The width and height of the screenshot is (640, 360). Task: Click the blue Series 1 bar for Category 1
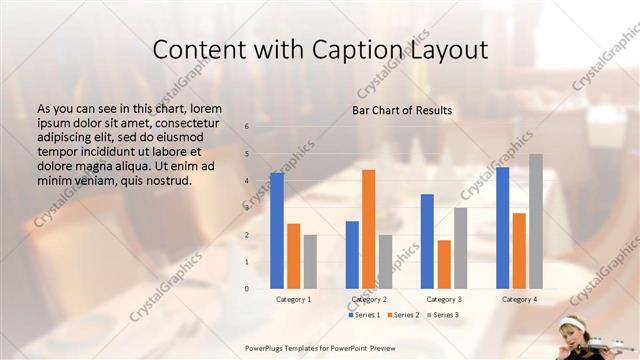tap(277, 231)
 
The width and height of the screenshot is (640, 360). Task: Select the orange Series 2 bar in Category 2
tap(368, 229)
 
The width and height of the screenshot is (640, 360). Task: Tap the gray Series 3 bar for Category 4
tap(536, 221)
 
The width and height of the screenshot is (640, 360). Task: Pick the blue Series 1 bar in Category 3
tap(427, 241)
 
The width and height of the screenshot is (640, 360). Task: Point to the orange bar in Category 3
tap(444, 264)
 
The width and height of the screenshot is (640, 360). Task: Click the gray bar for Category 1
tap(310, 262)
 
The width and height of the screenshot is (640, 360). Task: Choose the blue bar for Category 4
tap(502, 228)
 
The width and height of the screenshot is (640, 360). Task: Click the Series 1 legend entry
tap(365, 315)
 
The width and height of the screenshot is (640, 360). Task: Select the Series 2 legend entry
tap(403, 315)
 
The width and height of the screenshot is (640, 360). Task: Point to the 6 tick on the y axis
tap(246, 127)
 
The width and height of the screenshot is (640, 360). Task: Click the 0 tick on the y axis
tap(246, 289)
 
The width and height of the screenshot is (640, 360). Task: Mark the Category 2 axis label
tap(369, 299)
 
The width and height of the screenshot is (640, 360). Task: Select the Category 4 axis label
tap(519, 299)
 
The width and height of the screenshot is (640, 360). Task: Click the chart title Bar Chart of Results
tap(402, 110)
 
